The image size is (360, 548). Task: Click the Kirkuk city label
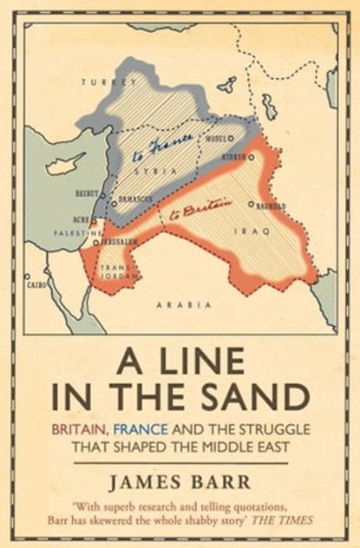click(x=237, y=158)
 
